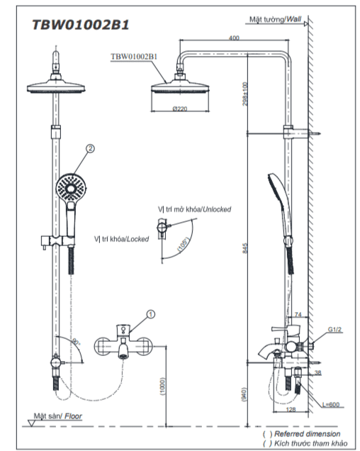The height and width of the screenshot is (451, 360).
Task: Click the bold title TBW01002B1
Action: point(81,25)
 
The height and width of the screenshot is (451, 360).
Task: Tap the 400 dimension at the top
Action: point(234,38)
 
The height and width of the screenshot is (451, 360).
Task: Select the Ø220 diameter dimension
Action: point(180,108)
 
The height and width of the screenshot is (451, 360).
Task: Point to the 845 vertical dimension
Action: point(245,248)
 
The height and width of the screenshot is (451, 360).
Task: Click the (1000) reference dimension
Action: point(163,386)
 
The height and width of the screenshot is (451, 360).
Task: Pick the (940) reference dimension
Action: point(244,394)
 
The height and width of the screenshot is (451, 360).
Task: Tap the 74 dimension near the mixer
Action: point(298,314)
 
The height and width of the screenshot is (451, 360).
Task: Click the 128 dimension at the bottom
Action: point(291,409)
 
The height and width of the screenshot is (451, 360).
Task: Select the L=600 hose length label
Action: point(331,404)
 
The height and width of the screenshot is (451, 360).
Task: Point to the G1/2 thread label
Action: point(334,329)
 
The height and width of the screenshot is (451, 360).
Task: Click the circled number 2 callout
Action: point(90,148)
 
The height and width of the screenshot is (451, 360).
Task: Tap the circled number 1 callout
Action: point(151,314)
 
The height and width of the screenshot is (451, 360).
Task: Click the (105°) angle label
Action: point(184,245)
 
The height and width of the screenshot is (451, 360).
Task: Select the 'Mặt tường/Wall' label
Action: point(275,19)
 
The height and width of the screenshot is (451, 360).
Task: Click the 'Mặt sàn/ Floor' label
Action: point(58,416)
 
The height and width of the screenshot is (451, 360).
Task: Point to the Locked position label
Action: point(121,239)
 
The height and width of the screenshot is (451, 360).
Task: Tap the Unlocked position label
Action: point(194,209)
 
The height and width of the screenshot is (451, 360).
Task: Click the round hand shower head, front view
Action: point(71,188)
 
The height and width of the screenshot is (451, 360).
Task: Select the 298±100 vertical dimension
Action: point(245,94)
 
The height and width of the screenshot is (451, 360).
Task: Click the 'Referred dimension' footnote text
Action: point(307,433)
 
